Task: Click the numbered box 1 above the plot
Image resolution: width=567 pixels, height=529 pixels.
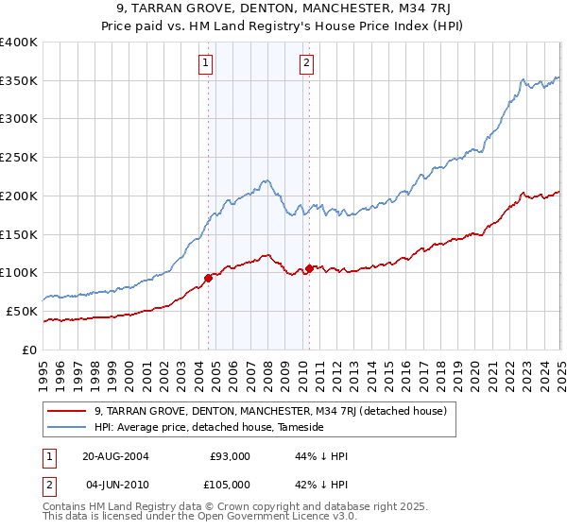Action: [x=206, y=64]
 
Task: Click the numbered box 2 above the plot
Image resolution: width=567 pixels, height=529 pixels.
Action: [x=307, y=64]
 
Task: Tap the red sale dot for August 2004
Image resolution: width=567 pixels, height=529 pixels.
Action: [x=209, y=278]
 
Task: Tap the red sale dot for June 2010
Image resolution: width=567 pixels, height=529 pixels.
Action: [x=309, y=268]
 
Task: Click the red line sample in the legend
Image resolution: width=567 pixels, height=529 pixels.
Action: [x=67, y=411]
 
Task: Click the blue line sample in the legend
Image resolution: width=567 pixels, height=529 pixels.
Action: [x=67, y=427]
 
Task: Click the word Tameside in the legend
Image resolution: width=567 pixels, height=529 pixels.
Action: [x=301, y=427]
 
